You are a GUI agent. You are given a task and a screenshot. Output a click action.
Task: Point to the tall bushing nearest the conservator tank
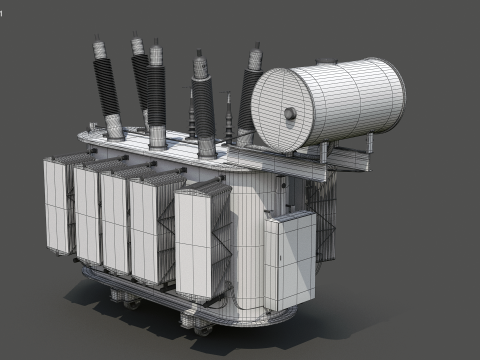[248, 100]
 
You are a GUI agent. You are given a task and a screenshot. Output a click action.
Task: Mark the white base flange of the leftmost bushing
[114, 127]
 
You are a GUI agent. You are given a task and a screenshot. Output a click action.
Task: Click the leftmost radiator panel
[57, 205]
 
